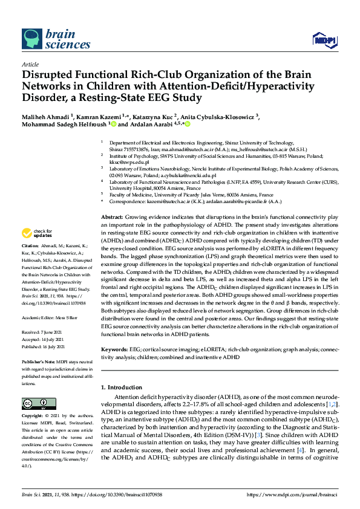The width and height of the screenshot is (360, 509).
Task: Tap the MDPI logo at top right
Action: (x=324, y=41)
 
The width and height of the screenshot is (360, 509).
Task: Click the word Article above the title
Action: (x=30, y=64)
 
